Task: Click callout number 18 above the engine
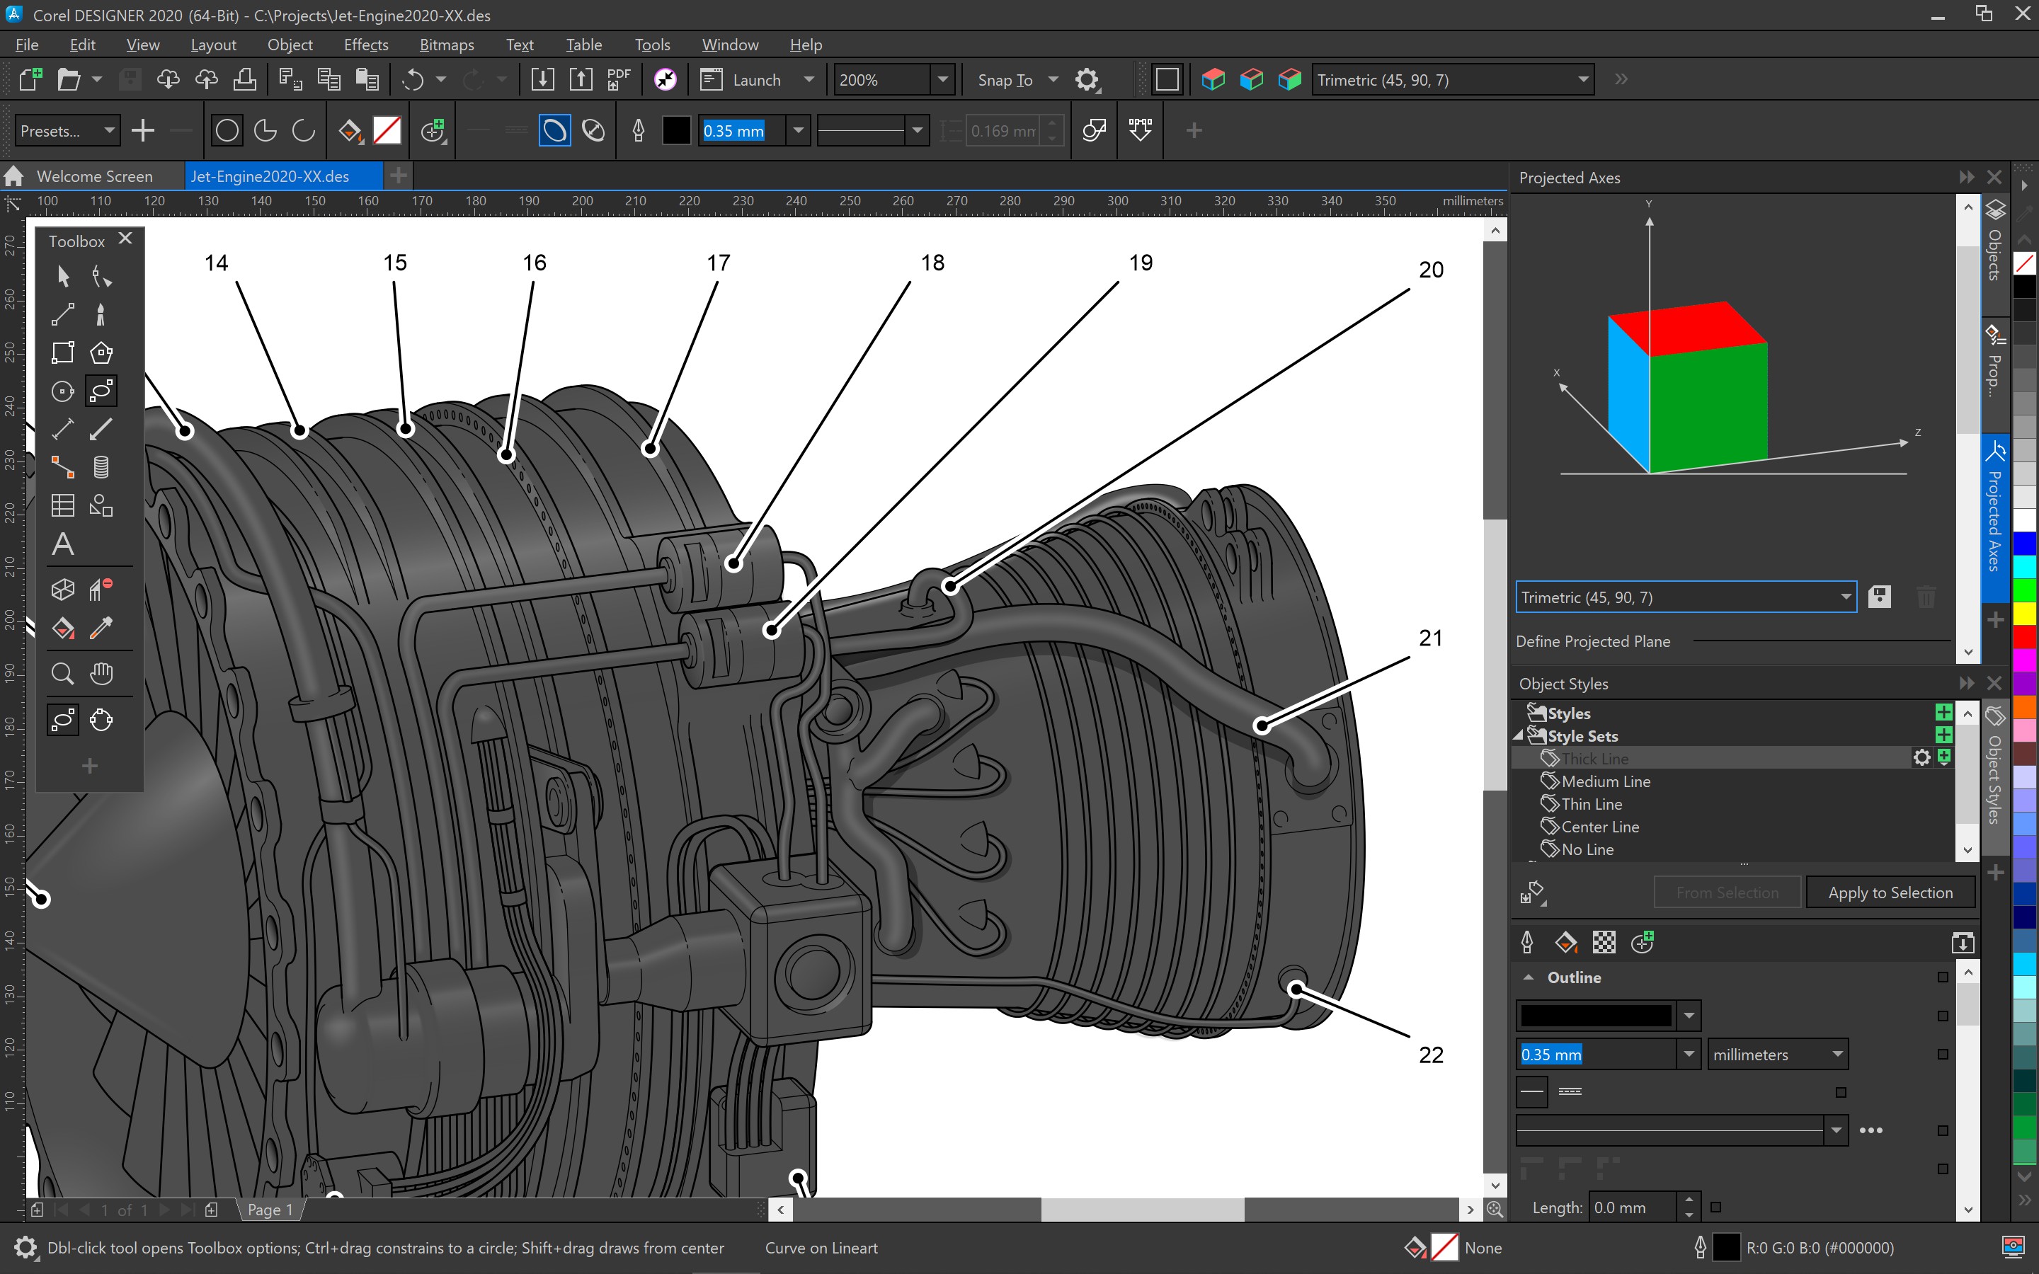pyautogui.click(x=932, y=263)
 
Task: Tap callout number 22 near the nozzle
pyautogui.click(x=1431, y=1054)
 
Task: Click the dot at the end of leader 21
pyautogui.click(x=1262, y=725)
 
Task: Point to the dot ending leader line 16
pyautogui.click(x=506, y=455)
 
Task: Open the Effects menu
pyautogui.click(x=365, y=45)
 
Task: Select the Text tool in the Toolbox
pyautogui.click(x=62, y=544)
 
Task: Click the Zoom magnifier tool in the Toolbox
pyautogui.click(x=62, y=674)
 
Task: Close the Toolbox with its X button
pyautogui.click(x=125, y=239)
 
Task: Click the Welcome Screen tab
pyautogui.click(x=94, y=176)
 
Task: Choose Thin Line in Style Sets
pyautogui.click(x=1591, y=804)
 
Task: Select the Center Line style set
pyautogui.click(x=1599, y=827)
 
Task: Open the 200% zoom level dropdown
pyautogui.click(x=943, y=80)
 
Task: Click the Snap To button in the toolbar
pyautogui.click(x=1005, y=80)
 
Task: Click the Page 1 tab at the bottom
pyautogui.click(x=270, y=1209)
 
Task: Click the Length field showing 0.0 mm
pyautogui.click(x=1631, y=1207)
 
